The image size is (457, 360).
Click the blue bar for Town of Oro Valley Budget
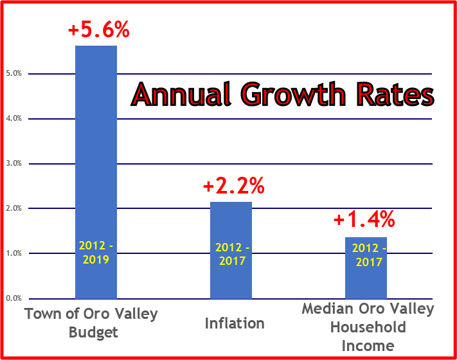pos(96,161)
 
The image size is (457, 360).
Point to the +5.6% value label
pos(98,30)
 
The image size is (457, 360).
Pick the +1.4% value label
pos(364,220)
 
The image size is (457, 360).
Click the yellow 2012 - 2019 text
pos(96,252)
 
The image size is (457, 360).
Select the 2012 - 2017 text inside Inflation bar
pos(232,255)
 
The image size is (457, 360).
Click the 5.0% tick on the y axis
pos(13,74)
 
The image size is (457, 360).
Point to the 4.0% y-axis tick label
pos(13,119)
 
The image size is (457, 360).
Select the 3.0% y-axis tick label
pos(13,164)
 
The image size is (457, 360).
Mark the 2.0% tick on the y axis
pos(13,209)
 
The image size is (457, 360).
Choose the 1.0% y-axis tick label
pos(13,254)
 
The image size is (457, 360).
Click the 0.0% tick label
pos(13,299)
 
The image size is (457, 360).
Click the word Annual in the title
pos(181,95)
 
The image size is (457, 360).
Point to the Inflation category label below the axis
pos(235,323)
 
